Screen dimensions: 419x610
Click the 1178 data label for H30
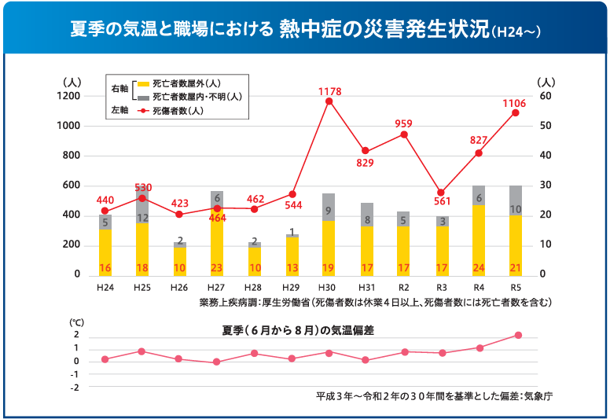point(329,92)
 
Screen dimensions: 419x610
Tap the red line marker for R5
point(516,112)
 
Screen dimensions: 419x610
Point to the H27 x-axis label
point(216,289)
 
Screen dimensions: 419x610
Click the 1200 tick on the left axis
point(68,96)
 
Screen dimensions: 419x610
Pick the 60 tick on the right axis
point(546,96)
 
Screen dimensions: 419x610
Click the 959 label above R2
point(403,123)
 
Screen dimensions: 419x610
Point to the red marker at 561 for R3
point(441,193)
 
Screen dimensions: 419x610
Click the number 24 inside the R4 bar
point(478,268)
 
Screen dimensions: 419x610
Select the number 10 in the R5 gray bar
point(516,209)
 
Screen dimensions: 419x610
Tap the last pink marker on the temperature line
point(519,335)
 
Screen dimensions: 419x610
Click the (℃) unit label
point(76,322)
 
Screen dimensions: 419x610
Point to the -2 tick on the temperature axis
point(75,388)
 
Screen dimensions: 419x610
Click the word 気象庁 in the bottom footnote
point(538,395)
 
